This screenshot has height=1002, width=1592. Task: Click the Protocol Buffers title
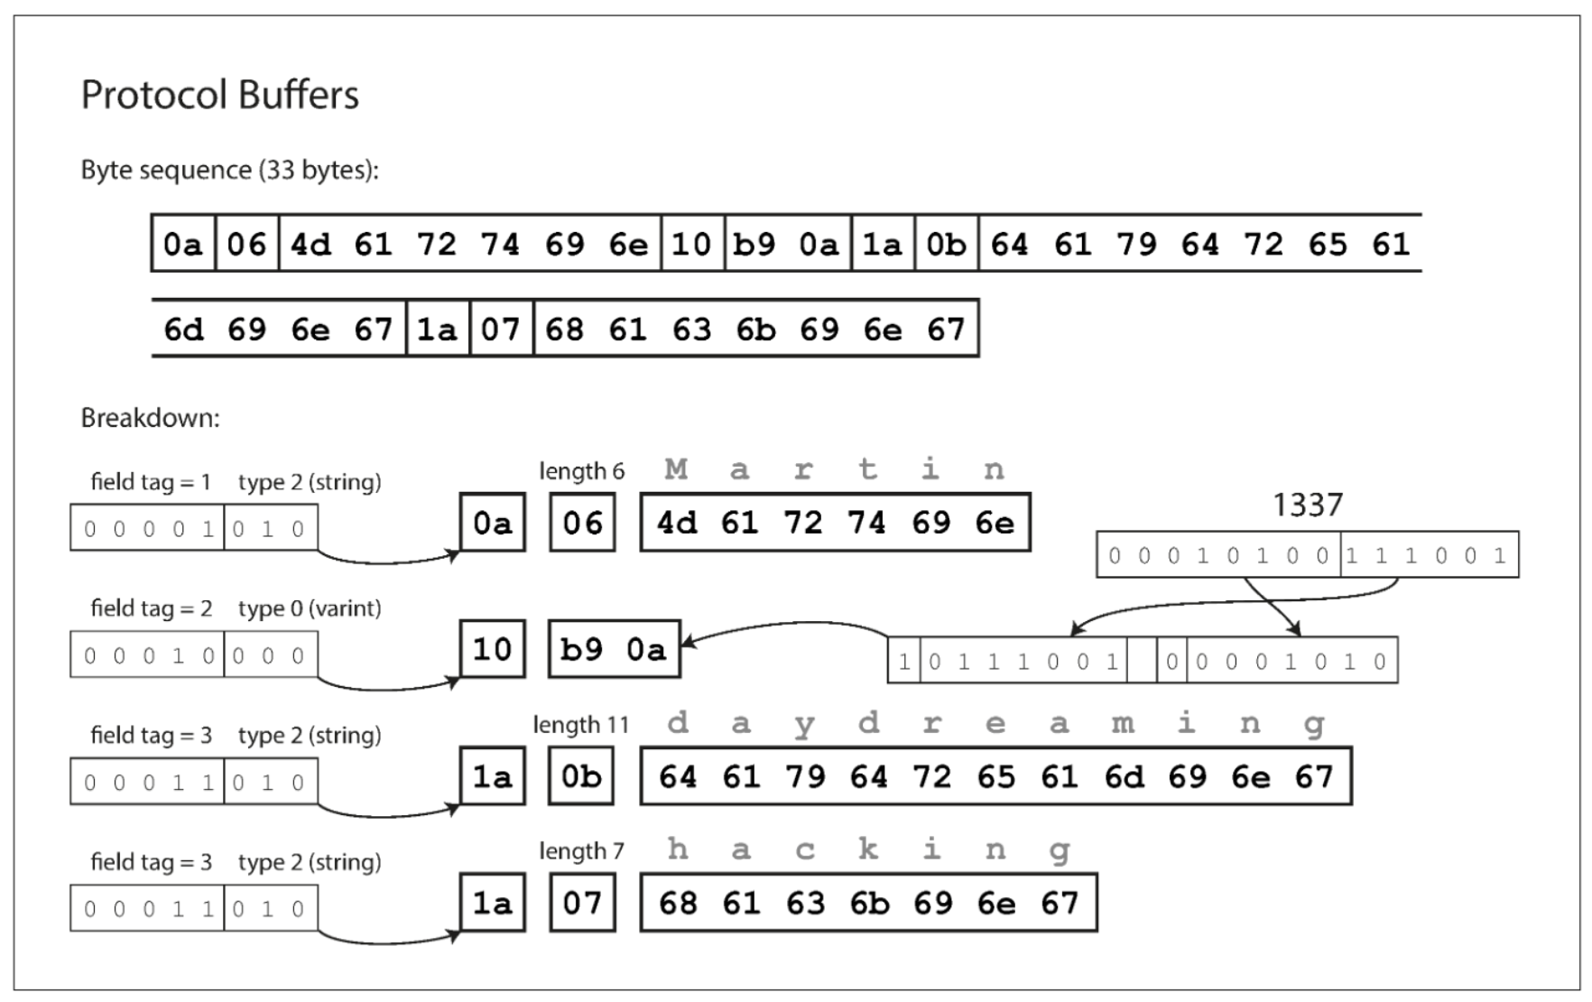tap(219, 95)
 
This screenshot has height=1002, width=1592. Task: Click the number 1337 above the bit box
tap(1307, 505)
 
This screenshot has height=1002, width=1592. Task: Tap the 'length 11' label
tap(580, 725)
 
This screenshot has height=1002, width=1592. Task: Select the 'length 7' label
tap(581, 851)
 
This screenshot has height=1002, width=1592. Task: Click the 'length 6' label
tap(581, 471)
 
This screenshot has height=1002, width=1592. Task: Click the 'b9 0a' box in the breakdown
tap(614, 649)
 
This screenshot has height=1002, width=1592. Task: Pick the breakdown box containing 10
tap(492, 649)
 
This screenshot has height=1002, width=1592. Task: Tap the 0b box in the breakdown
tap(581, 776)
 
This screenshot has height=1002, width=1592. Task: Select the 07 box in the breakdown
tap(582, 903)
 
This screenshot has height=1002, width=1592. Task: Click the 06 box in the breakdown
tap(582, 523)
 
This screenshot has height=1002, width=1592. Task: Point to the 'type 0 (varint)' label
tap(310, 608)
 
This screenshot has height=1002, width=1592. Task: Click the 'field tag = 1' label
tap(151, 482)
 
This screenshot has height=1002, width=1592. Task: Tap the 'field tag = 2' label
tap(151, 608)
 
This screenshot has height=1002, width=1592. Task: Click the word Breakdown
tap(150, 418)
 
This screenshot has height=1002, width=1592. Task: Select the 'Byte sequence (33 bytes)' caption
tap(229, 170)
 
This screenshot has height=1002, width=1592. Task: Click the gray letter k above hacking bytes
tap(868, 849)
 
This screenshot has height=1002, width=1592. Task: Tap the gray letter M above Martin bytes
tap(676, 469)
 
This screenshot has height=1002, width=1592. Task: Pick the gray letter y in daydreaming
tap(804, 725)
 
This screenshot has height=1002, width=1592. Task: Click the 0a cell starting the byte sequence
tap(183, 244)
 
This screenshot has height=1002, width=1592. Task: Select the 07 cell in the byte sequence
tap(501, 329)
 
